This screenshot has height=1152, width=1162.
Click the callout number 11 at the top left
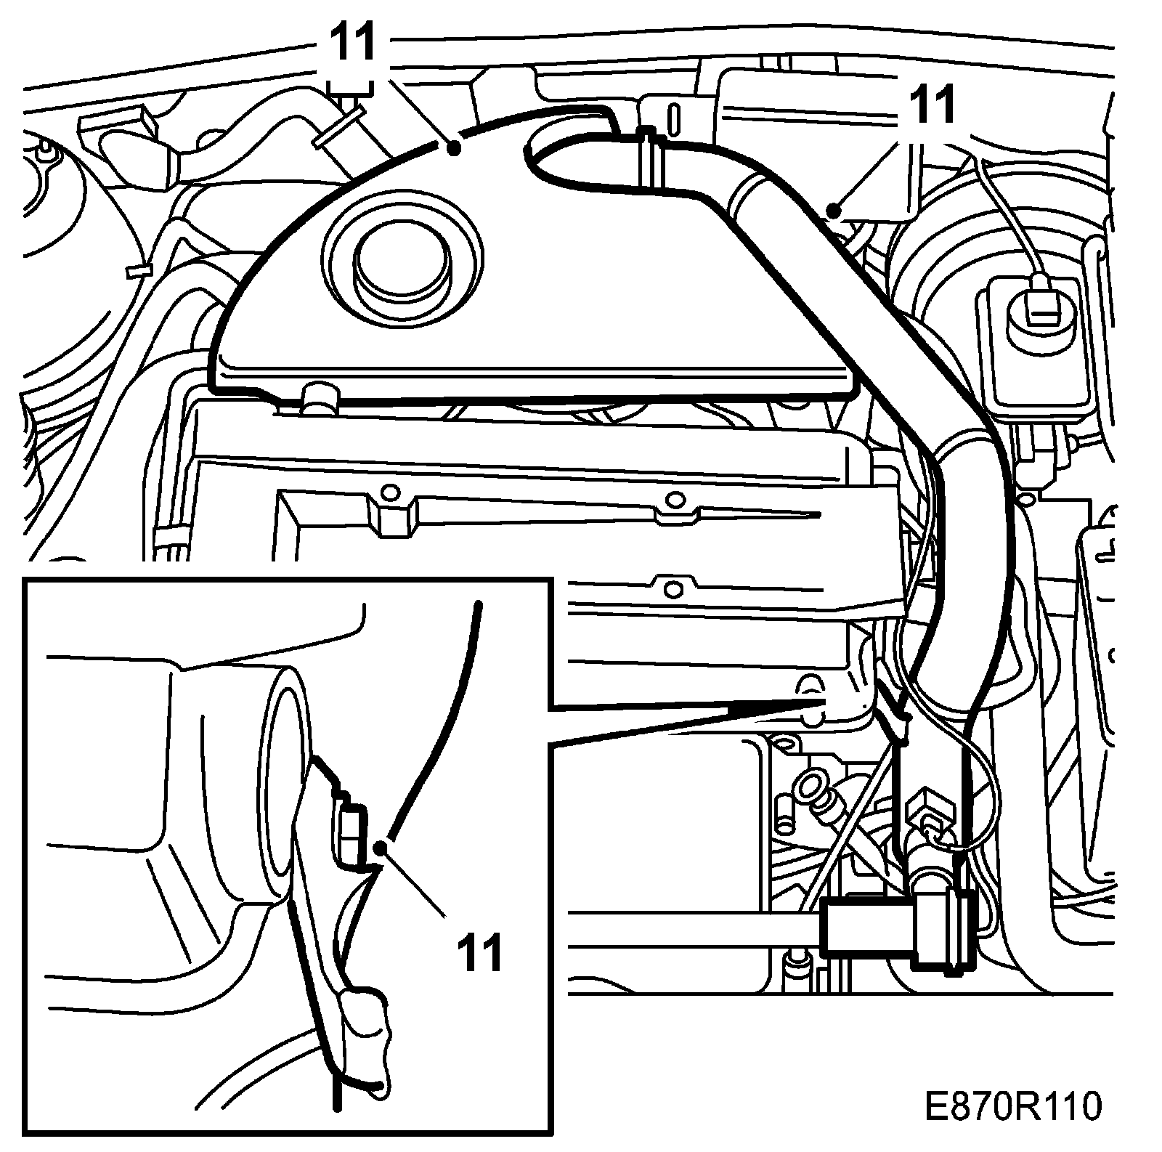click(354, 42)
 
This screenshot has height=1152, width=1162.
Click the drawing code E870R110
click(1014, 1108)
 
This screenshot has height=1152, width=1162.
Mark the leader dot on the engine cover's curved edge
click(454, 148)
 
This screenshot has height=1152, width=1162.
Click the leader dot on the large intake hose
click(834, 212)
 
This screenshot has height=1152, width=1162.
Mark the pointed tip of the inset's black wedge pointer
click(824, 700)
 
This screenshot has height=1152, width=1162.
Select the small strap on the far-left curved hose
click(138, 270)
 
